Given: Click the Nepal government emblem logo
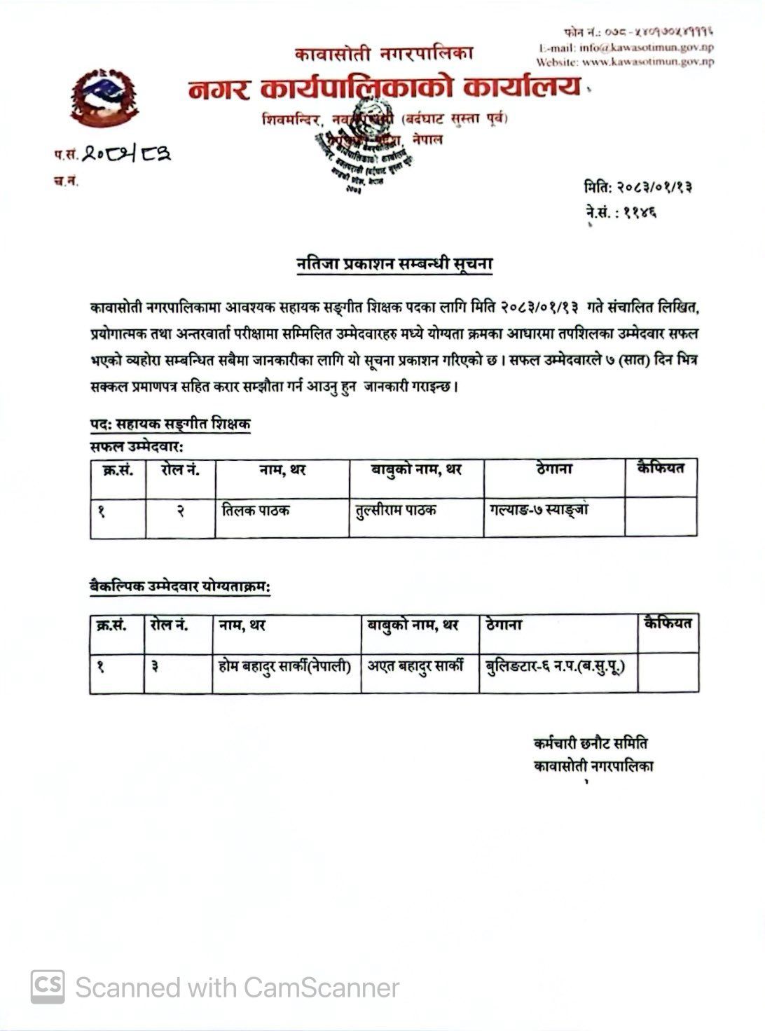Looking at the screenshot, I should [x=104, y=99].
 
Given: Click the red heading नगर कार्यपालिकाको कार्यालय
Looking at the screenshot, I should [x=385, y=89].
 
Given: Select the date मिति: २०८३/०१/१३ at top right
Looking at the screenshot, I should [x=640, y=188].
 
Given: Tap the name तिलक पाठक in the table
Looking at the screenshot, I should [x=253, y=511].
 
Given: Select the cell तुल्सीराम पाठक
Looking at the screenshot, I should [x=397, y=511].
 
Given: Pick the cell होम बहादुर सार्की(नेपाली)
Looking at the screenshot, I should [x=285, y=666].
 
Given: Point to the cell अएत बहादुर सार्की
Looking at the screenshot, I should [x=417, y=666].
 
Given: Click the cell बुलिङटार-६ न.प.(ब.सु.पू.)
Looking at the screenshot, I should [x=555, y=666].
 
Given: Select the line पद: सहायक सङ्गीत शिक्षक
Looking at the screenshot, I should [x=170, y=424].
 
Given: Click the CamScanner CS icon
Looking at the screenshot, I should [x=48, y=986].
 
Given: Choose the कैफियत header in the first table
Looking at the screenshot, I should [x=660, y=468].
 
